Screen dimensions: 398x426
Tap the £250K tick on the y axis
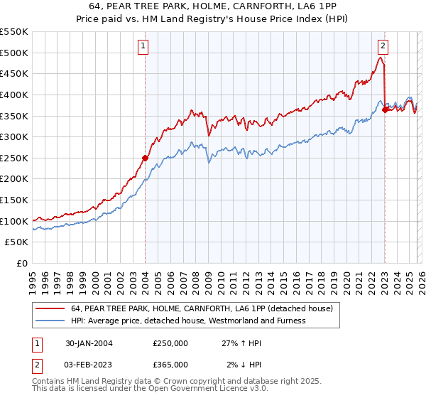(14, 158)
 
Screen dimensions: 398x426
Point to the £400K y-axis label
(14, 95)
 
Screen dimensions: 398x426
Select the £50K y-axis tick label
(16, 242)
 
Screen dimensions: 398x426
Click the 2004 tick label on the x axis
(145, 278)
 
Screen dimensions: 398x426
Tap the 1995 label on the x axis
(32, 278)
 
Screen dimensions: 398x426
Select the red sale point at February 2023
(384, 109)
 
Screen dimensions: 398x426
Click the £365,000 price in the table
(170, 364)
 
